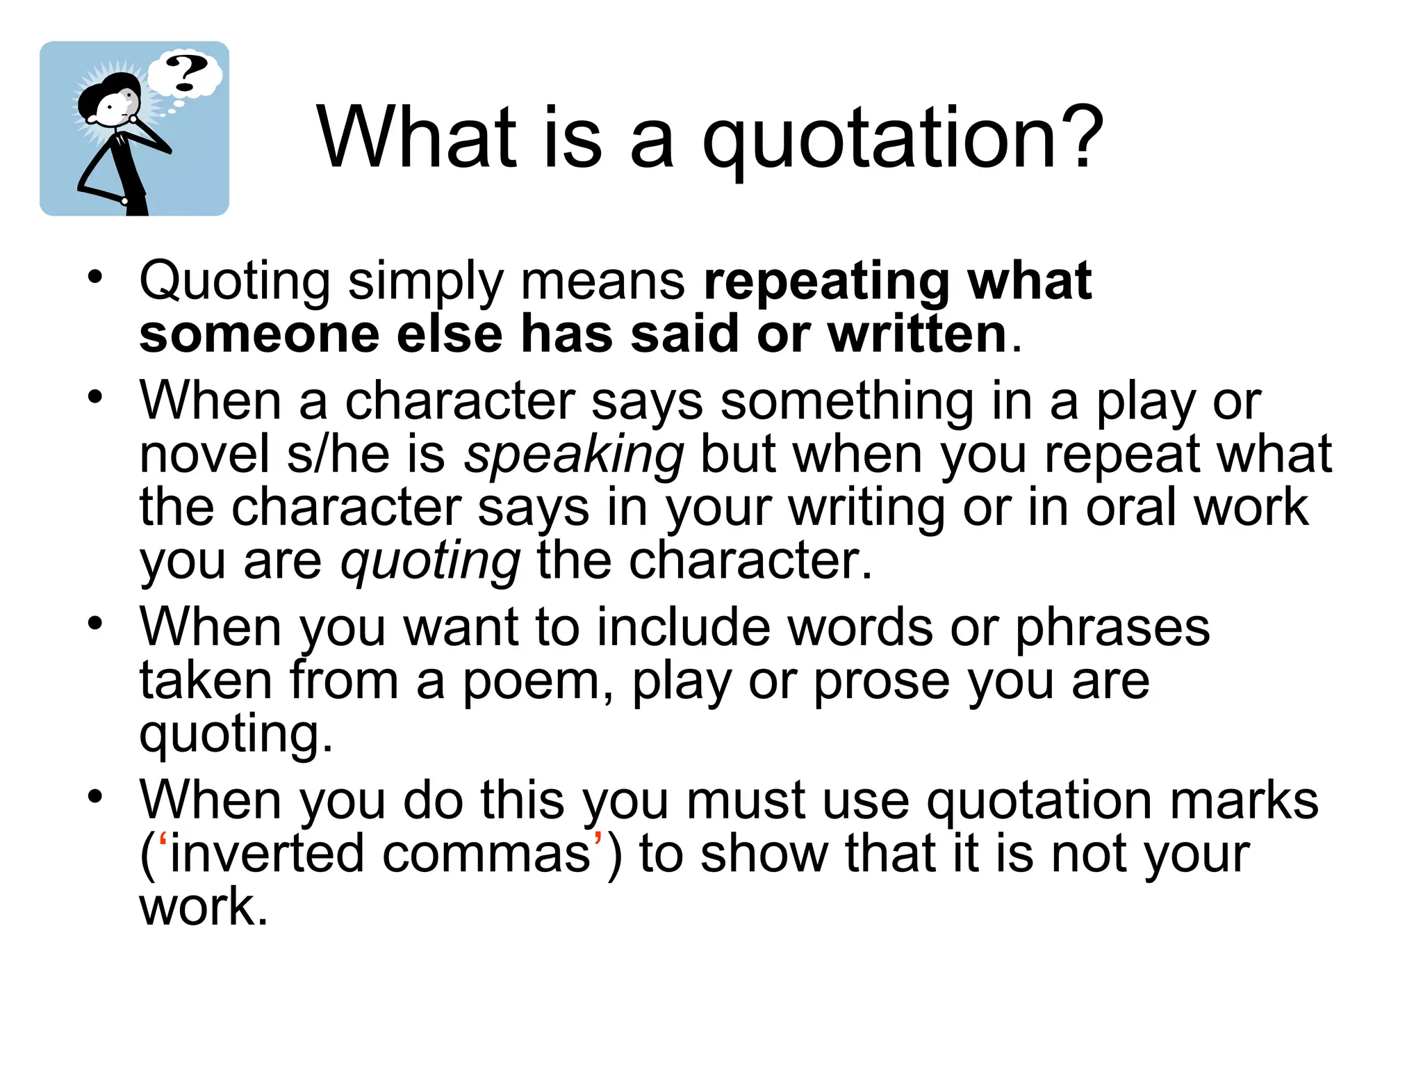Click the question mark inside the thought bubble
click(x=186, y=73)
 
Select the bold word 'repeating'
click(x=826, y=282)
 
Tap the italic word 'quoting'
click(x=430, y=562)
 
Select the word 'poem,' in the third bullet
click(x=538, y=681)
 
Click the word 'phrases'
click(x=1112, y=628)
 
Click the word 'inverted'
click(x=268, y=855)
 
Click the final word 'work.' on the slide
click(x=204, y=907)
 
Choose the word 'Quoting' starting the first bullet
click(x=235, y=282)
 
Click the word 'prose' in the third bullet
click(x=881, y=681)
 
